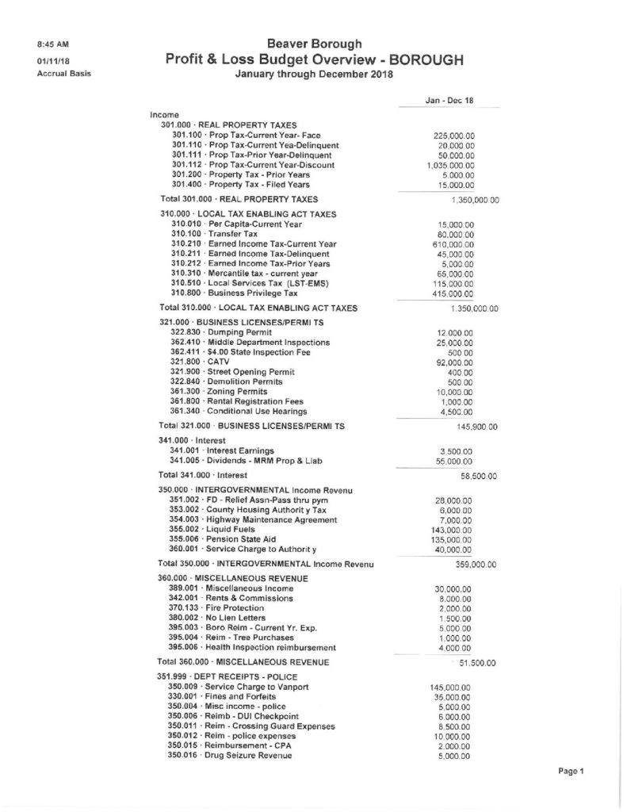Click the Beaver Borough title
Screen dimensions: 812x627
(315, 43)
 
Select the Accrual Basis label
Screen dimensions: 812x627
(64, 74)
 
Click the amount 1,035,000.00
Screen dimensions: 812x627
(449, 165)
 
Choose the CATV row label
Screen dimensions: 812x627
(205, 361)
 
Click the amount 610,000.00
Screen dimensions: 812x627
(453, 244)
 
